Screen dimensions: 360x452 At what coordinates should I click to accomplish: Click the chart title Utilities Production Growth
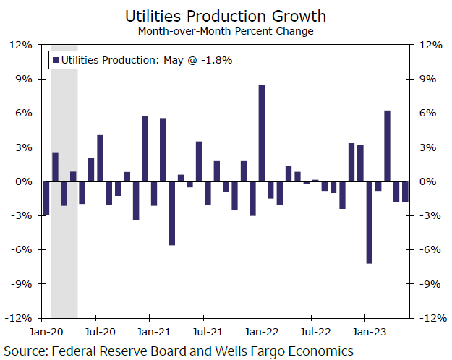[x=226, y=15]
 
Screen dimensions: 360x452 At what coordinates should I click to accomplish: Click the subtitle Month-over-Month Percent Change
[x=226, y=31]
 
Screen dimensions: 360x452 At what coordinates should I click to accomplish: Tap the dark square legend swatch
[x=56, y=61]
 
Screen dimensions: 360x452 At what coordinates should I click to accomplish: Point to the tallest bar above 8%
[x=261, y=133]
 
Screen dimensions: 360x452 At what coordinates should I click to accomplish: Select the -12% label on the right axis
[x=432, y=318]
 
